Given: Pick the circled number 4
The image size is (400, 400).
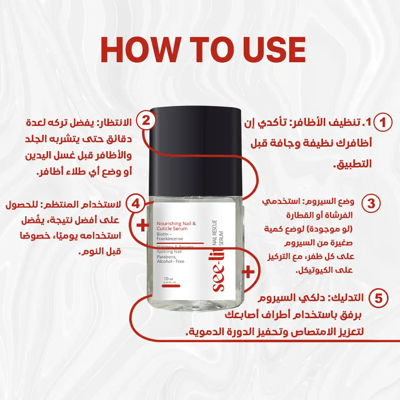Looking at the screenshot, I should tap(136, 204).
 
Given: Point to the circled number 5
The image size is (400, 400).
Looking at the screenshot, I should tap(379, 299).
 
